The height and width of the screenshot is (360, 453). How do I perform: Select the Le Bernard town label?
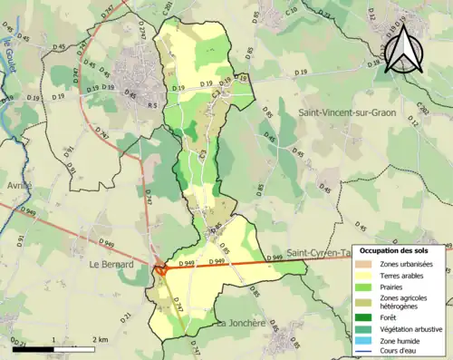pyautogui.click(x=112, y=265)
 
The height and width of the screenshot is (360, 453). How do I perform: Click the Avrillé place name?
pyautogui.click(x=19, y=185)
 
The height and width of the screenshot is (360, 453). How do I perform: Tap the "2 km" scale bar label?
pyautogui.click(x=101, y=339)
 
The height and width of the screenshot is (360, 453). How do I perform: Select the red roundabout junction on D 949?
pyautogui.click(x=159, y=268)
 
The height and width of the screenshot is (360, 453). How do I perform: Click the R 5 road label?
pyautogui.click(x=151, y=106)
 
